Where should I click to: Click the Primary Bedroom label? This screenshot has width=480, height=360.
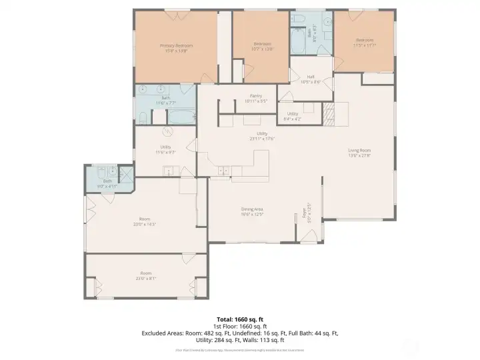coord(175,46)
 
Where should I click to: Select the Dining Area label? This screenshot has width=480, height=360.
coord(252,209)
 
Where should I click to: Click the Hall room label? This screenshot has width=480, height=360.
coord(311,77)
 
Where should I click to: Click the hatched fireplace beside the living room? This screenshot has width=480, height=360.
coord(328,114)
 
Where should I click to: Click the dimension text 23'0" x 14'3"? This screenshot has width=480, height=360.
coord(145,224)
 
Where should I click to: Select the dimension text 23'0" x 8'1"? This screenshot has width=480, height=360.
coord(145,279)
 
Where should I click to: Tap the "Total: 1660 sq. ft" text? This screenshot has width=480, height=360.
coord(240,319)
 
